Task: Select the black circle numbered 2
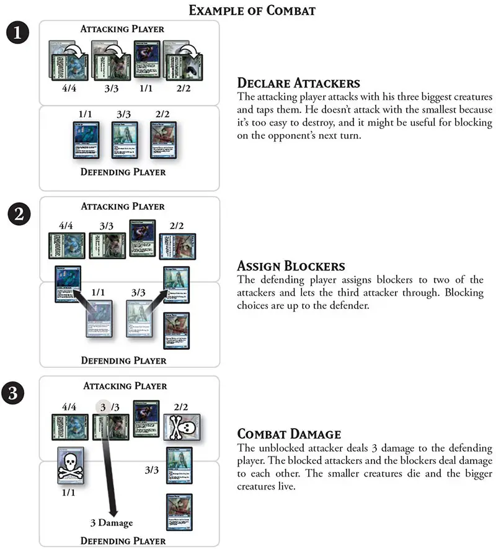point(19,214)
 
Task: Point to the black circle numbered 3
point(19,393)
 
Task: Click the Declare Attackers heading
point(299,83)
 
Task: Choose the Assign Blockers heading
point(291,266)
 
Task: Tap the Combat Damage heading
point(290,434)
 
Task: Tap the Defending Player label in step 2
point(123,360)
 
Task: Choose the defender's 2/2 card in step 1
point(163,141)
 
